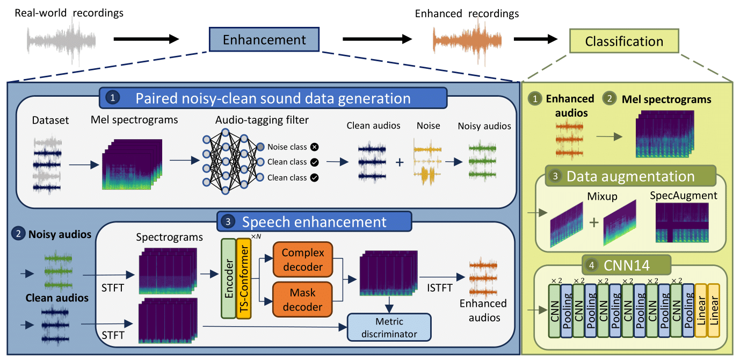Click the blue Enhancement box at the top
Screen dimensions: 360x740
tap(264, 40)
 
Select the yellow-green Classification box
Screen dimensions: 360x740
tap(624, 41)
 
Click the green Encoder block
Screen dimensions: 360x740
tap(228, 279)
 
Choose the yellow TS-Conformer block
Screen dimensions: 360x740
tap(244, 279)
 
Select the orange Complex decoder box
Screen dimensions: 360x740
tap(303, 260)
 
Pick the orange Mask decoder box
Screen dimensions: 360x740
tap(303, 300)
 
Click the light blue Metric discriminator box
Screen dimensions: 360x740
tap(390, 327)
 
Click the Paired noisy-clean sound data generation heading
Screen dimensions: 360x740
tap(273, 98)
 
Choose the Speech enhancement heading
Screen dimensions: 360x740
tap(314, 221)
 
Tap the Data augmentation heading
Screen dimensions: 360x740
tap(630, 176)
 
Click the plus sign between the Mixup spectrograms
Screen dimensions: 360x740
tap(593, 222)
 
